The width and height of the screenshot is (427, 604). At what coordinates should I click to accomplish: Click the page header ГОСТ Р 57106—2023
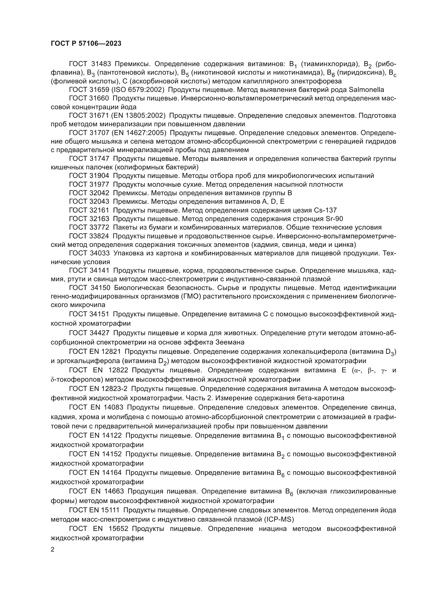tap(86, 44)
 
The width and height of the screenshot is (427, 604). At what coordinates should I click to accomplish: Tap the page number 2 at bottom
tap(53, 550)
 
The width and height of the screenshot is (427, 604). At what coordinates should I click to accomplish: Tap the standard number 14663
tap(112, 491)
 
